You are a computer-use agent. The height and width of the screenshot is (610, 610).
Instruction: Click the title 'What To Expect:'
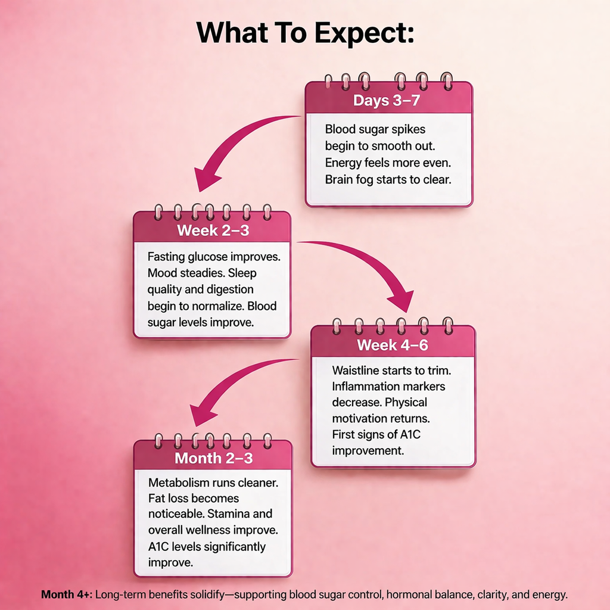point(305,33)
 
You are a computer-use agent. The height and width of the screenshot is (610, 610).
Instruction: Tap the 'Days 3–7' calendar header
point(386,100)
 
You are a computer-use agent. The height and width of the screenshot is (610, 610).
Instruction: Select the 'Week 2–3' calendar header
point(213,231)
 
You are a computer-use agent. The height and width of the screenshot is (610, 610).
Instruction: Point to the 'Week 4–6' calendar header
point(393,345)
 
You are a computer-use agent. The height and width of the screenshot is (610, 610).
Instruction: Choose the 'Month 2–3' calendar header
point(214,458)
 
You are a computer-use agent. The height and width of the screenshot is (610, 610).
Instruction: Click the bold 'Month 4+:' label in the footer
point(67,595)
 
